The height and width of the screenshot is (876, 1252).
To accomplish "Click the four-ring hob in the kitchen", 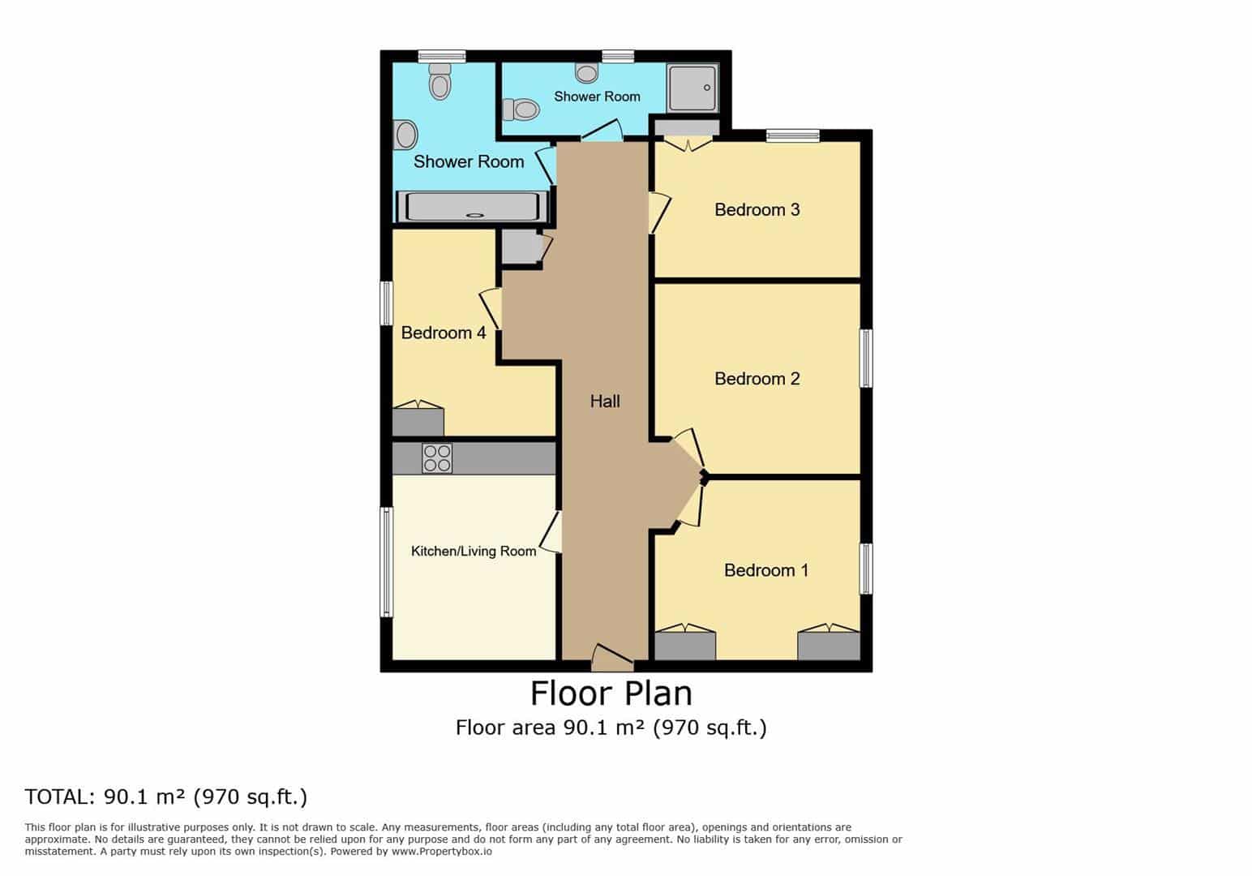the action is tap(436, 458).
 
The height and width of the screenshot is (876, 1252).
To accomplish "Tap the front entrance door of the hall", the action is tap(612, 658).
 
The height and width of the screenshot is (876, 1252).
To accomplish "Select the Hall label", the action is tap(605, 401).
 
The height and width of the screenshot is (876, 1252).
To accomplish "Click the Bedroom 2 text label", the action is tap(757, 379).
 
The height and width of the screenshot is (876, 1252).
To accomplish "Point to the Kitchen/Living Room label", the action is tap(474, 552).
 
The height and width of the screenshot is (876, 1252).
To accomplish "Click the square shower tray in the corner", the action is tap(692, 88).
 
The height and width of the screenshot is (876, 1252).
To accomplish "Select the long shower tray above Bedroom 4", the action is tap(473, 207).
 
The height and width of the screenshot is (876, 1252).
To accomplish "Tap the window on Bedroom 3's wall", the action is tap(792, 135).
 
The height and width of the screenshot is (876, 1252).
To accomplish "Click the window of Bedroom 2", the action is tap(865, 359).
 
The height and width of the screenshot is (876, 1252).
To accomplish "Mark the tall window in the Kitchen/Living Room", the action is tap(386, 562).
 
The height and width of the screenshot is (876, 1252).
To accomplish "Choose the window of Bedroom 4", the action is tap(386, 303).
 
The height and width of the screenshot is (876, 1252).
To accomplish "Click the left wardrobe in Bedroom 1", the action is tap(684, 642).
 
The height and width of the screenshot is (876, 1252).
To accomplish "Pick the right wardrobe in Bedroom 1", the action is tap(829, 642).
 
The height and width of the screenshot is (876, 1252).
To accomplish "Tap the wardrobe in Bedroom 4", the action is tap(418, 419).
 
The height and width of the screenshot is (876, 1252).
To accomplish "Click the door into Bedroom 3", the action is tap(658, 213).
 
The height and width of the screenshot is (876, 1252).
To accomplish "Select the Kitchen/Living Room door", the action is tap(551, 532).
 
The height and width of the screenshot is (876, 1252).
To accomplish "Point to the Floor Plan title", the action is tap(611, 693).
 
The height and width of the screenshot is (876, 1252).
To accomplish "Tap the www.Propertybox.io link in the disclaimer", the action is tap(442, 852).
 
